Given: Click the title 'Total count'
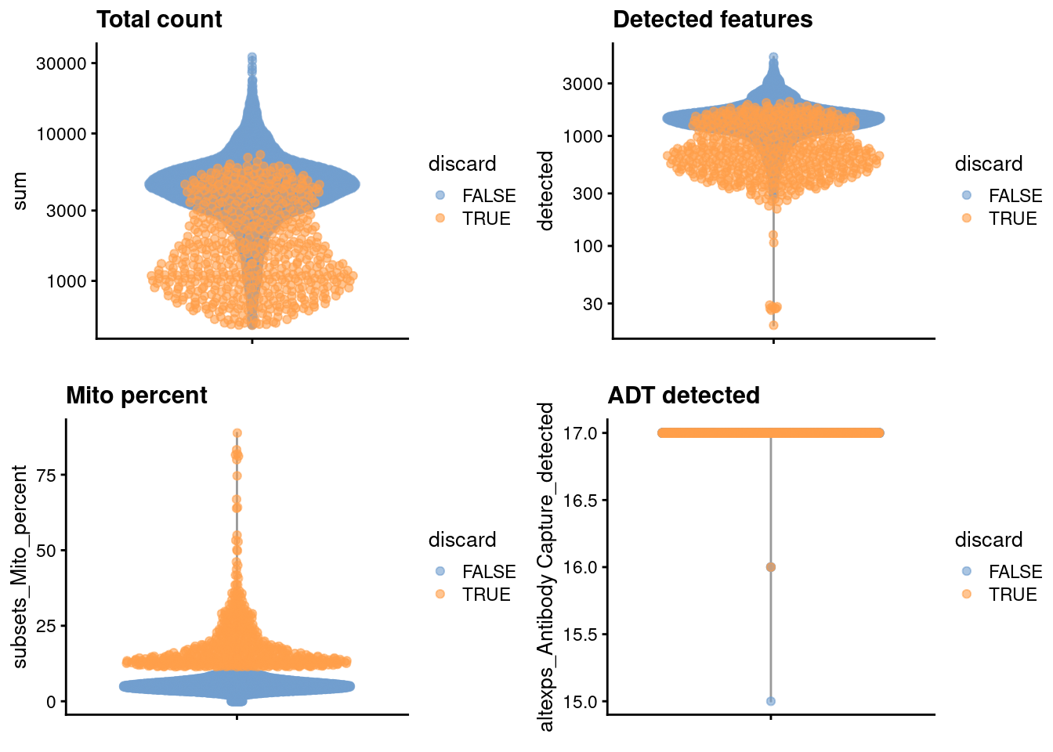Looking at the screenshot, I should coord(159,20).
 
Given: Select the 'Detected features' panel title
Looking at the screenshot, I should coord(712,20).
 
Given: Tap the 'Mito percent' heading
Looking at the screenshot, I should coord(136,396).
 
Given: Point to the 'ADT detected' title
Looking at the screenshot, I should coord(683,396).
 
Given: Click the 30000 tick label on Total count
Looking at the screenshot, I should coord(61,63).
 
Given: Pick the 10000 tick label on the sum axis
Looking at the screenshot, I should coord(61,134).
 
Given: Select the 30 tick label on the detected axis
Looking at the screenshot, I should coord(593,304).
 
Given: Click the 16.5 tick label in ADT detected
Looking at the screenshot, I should coord(580,500).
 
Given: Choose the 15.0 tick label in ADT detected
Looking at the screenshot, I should coord(580,701).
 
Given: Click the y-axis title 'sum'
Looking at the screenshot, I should coord(20,191).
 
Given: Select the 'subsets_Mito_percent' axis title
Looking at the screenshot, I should coord(20,566).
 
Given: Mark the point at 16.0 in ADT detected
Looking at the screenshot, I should coord(771,566).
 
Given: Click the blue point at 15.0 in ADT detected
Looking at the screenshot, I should coord(771,701).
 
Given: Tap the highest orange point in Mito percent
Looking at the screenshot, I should coord(237,433).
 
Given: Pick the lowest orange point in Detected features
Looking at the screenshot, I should coord(773,325).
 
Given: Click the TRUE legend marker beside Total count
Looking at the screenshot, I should coord(440,219).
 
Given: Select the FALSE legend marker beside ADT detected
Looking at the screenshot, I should coord(967,572).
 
